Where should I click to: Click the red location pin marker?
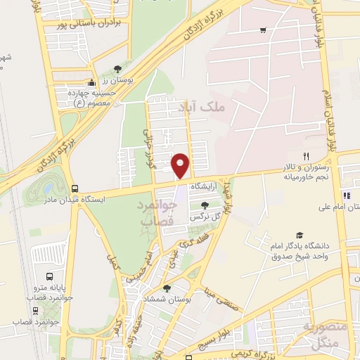point(181,165)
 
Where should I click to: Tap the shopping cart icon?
point(263,30)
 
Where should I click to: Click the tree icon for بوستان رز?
point(117,69)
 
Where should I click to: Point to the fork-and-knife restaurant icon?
point(306,156)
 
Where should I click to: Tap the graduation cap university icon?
point(300,236)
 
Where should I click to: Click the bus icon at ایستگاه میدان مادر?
point(75,188)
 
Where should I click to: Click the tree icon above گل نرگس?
point(204,205)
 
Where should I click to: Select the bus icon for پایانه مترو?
point(49,276)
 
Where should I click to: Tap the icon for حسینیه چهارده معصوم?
point(90,82)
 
